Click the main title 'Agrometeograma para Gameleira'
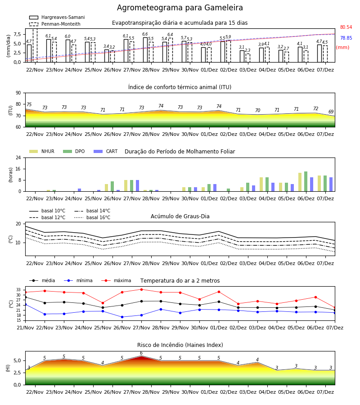point(180,8)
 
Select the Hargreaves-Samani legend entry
point(57,17)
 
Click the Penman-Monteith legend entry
point(55,24)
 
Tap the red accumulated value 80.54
point(346,27)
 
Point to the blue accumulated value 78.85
point(346,38)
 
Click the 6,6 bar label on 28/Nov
point(145,34)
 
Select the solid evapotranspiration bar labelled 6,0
point(68,51)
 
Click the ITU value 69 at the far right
point(331,112)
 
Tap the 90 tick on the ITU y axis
point(18,93)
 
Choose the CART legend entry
point(106,151)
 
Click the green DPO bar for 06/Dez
point(306,181)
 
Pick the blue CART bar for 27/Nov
point(137,186)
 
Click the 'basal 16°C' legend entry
point(92,217)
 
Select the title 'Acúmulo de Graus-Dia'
point(180,216)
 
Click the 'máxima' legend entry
point(116,280)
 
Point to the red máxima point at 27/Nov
point(141,289)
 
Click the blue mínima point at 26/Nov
point(122,317)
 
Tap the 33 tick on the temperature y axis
point(18,290)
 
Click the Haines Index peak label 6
point(141,353)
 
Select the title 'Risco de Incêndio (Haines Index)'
point(180,345)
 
